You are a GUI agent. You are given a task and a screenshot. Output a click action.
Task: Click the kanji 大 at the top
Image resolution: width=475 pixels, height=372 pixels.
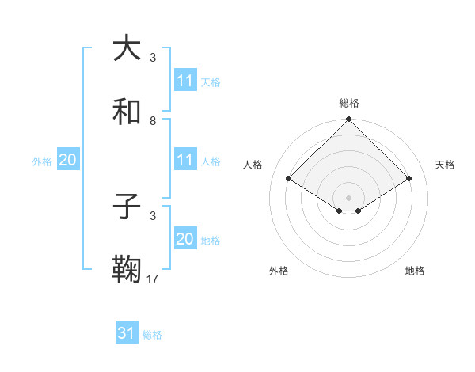click(x=127, y=48)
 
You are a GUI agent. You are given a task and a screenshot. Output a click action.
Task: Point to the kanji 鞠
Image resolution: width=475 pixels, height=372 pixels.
click(x=127, y=271)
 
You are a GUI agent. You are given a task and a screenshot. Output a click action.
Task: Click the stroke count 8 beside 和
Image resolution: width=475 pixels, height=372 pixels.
click(x=153, y=121)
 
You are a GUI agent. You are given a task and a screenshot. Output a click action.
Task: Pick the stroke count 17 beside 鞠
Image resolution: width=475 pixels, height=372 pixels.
click(x=153, y=279)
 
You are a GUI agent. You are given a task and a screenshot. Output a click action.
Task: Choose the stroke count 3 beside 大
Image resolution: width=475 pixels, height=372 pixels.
click(x=153, y=57)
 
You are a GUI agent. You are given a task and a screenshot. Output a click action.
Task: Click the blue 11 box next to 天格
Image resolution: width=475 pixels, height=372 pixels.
click(x=184, y=80)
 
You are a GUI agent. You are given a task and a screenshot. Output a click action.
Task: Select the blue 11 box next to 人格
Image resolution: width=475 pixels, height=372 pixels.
click(x=184, y=160)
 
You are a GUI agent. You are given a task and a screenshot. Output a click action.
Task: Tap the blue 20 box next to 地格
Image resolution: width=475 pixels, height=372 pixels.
click(x=184, y=239)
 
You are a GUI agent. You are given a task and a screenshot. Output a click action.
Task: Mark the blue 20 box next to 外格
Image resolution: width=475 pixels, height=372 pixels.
click(x=67, y=160)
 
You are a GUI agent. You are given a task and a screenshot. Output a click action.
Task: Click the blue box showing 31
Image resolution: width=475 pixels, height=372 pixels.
click(x=126, y=333)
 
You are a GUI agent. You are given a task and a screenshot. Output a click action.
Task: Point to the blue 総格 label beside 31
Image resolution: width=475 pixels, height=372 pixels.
click(x=152, y=335)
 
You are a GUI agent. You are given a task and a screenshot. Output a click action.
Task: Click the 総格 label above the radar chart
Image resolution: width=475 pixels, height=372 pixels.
click(x=349, y=103)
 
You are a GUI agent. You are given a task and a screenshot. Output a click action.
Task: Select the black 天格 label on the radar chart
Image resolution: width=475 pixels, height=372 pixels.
click(x=445, y=165)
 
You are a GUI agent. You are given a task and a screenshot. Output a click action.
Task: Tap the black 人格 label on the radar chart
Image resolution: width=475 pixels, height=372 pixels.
click(x=253, y=165)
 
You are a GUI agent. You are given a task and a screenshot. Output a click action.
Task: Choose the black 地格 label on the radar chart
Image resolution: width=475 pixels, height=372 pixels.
click(x=415, y=271)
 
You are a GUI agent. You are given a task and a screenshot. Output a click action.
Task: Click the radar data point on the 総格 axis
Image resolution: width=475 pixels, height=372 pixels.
click(x=348, y=120)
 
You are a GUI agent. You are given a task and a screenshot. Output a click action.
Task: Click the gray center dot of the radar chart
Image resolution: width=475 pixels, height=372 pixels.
click(x=348, y=197)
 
